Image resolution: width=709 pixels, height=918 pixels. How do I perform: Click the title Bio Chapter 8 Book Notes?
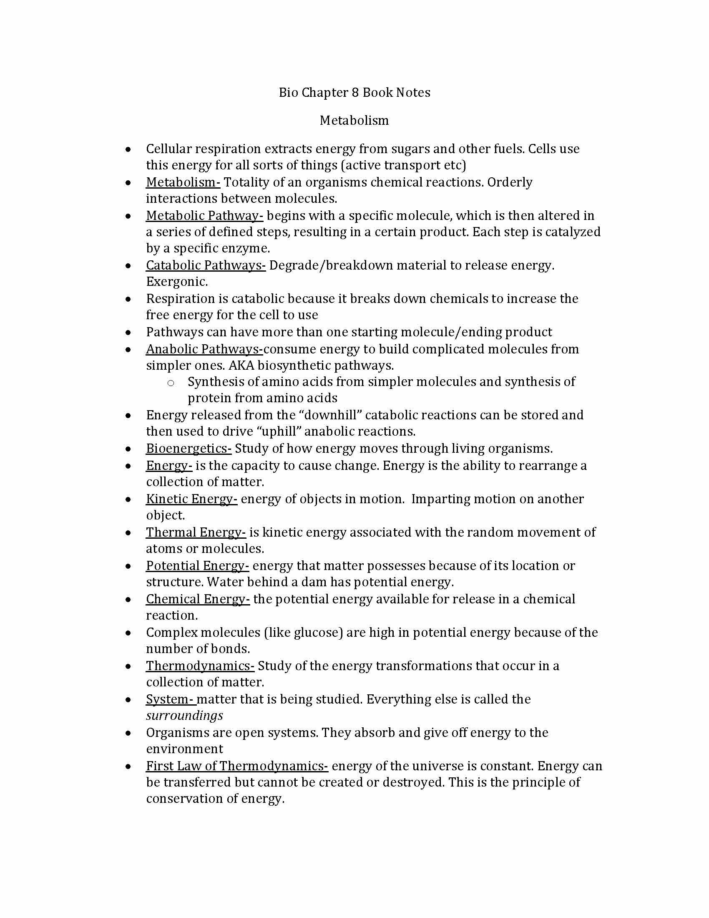coord(354,93)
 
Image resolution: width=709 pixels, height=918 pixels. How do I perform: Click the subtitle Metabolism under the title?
coord(354,121)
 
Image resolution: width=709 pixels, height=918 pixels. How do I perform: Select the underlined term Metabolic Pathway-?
coord(204,216)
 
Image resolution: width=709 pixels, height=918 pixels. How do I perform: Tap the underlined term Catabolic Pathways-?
coord(206,266)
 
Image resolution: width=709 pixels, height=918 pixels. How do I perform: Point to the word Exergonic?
coord(176,282)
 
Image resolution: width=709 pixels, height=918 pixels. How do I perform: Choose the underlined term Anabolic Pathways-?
coord(204,349)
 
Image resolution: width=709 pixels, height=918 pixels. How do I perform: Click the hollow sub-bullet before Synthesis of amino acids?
coord(171,383)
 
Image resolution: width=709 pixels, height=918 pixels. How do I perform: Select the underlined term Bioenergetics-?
coord(189,449)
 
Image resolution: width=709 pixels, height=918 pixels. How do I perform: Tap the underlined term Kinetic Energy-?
coord(191,499)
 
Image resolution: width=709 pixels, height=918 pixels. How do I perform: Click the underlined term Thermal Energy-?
coord(196,532)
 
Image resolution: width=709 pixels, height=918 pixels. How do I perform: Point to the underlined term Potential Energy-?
coord(197,566)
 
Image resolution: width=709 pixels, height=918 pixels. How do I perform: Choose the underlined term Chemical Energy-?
coord(198,599)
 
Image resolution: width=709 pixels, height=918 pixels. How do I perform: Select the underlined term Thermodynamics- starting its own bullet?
coord(200,666)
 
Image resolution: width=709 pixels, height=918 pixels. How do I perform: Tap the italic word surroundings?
coord(184,716)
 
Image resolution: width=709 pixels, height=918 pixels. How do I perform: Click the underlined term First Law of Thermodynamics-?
coord(237,766)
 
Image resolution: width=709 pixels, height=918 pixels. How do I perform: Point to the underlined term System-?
coord(171,699)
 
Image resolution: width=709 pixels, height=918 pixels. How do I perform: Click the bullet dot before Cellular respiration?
coord(128,150)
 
